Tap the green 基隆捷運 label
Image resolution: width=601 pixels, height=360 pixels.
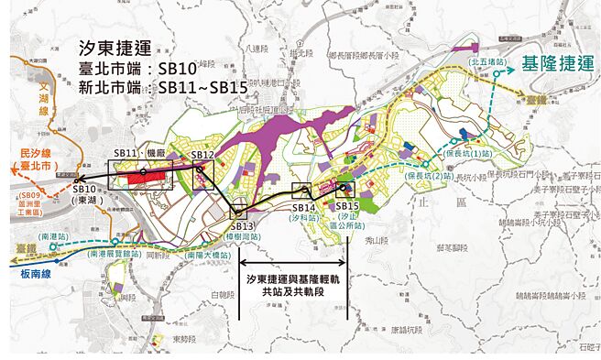[559, 65]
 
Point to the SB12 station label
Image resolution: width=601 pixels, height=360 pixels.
[202, 156]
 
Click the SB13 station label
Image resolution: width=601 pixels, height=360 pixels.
[242, 226]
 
